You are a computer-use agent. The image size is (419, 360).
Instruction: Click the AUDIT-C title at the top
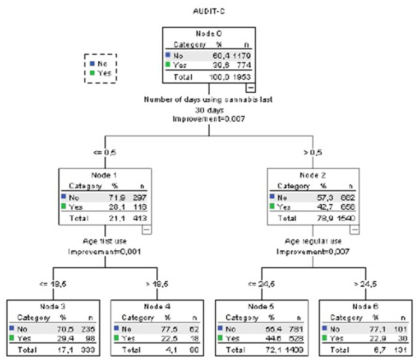point(209,10)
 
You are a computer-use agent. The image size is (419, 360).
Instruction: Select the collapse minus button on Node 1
point(146,230)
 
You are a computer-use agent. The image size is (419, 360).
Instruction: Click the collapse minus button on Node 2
point(354,230)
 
